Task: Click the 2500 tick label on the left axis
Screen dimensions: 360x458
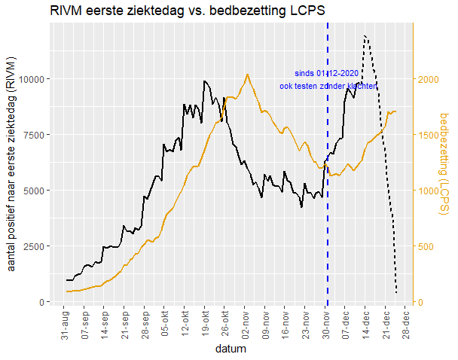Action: (x=33, y=246)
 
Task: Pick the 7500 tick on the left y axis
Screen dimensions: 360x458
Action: (x=33, y=134)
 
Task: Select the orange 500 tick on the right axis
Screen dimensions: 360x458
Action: (x=426, y=246)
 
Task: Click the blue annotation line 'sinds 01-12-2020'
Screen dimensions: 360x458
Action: (x=326, y=74)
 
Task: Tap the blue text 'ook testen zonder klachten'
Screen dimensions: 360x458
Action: (x=328, y=86)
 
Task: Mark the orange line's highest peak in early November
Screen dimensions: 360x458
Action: (x=247, y=74)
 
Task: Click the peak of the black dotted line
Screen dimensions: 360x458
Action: (x=365, y=35)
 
